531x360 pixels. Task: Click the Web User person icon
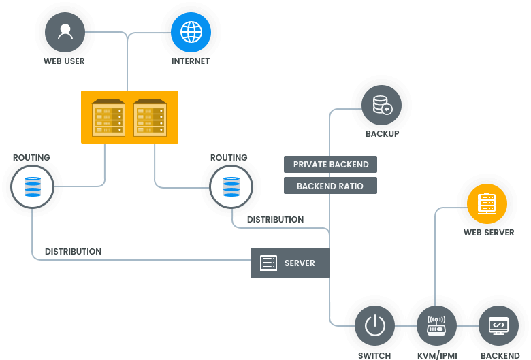pyautogui.click(x=65, y=32)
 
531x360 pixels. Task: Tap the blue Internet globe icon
pyautogui.click(x=191, y=32)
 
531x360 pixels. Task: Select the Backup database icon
pyautogui.click(x=382, y=105)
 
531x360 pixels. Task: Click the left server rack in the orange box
pyautogui.click(x=108, y=117)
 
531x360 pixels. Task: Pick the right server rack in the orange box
pyautogui.click(x=150, y=117)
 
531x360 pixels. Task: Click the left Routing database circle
pyautogui.click(x=31, y=186)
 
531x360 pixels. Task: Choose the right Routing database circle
pyautogui.click(x=231, y=186)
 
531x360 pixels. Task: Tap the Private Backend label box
pyautogui.click(x=330, y=164)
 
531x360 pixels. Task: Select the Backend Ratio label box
pyautogui.click(x=330, y=186)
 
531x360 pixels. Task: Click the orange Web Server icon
pyautogui.click(x=487, y=204)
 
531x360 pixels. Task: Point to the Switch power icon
pyautogui.click(x=375, y=326)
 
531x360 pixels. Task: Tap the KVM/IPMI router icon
pyautogui.click(x=436, y=326)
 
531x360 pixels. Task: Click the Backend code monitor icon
pyautogui.click(x=499, y=326)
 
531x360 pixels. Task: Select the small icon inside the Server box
pyautogui.click(x=269, y=263)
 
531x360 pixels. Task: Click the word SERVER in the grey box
pyautogui.click(x=300, y=263)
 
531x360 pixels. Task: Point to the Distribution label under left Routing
pyautogui.click(x=73, y=252)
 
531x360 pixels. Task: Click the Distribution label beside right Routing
pyautogui.click(x=275, y=220)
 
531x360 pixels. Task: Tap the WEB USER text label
pyautogui.click(x=64, y=61)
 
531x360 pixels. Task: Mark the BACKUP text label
pyautogui.click(x=382, y=134)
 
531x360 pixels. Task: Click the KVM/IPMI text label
pyautogui.click(x=436, y=355)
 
